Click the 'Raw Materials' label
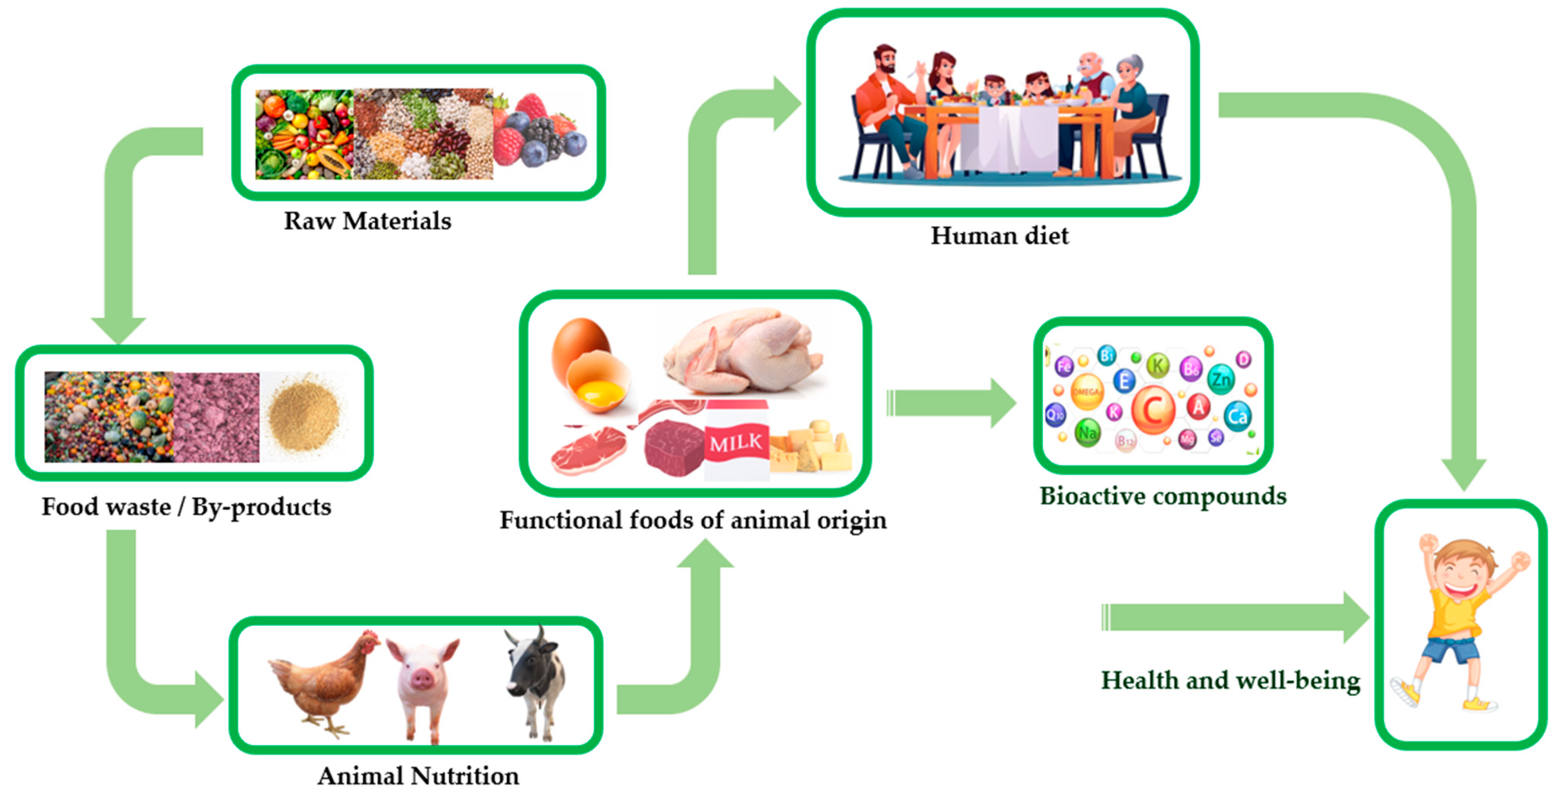coord(367,221)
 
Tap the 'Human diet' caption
coord(999,236)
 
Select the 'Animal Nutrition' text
coord(418,776)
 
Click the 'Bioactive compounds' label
coord(1163,496)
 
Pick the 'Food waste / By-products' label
coord(186,507)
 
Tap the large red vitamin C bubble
coord(1153,410)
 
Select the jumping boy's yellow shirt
coord(1459,612)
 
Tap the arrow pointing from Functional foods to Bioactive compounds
coord(951,403)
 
